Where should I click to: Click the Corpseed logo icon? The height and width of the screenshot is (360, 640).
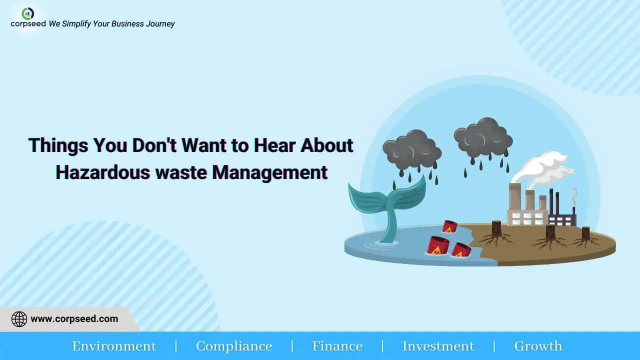click(28, 13)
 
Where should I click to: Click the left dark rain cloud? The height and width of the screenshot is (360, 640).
click(411, 149)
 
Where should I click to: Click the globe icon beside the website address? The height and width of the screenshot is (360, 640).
click(19, 319)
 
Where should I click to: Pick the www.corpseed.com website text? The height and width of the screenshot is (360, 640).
click(74, 319)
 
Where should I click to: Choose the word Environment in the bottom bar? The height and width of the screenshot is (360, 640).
click(114, 346)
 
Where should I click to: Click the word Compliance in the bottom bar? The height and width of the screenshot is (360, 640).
click(234, 346)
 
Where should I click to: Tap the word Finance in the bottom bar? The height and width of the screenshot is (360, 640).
click(337, 346)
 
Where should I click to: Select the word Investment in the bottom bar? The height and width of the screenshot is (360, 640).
click(438, 346)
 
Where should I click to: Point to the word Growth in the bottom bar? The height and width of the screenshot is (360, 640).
click(538, 346)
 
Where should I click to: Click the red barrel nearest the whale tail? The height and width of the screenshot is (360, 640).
click(437, 245)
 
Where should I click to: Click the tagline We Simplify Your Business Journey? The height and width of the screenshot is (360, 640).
click(111, 23)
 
